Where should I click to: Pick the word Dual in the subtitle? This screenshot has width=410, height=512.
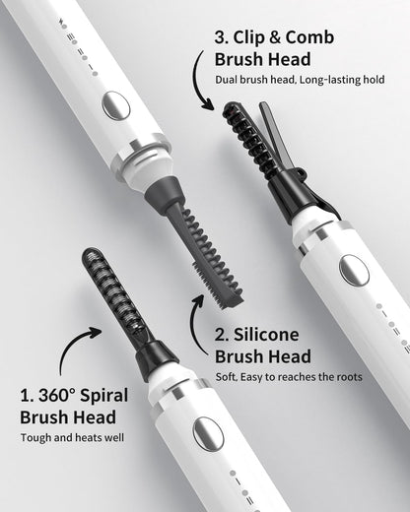(227, 80)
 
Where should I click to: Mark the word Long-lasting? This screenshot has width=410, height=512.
(317, 80)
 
